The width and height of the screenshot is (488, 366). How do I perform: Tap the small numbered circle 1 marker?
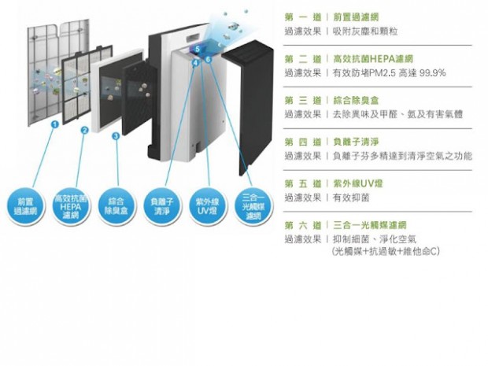coord(54,124)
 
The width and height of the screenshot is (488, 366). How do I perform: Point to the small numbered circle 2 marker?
coord(84,130)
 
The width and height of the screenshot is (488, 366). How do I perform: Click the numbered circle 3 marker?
coord(116,136)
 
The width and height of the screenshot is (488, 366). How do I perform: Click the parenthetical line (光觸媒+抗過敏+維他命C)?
coord(386,251)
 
